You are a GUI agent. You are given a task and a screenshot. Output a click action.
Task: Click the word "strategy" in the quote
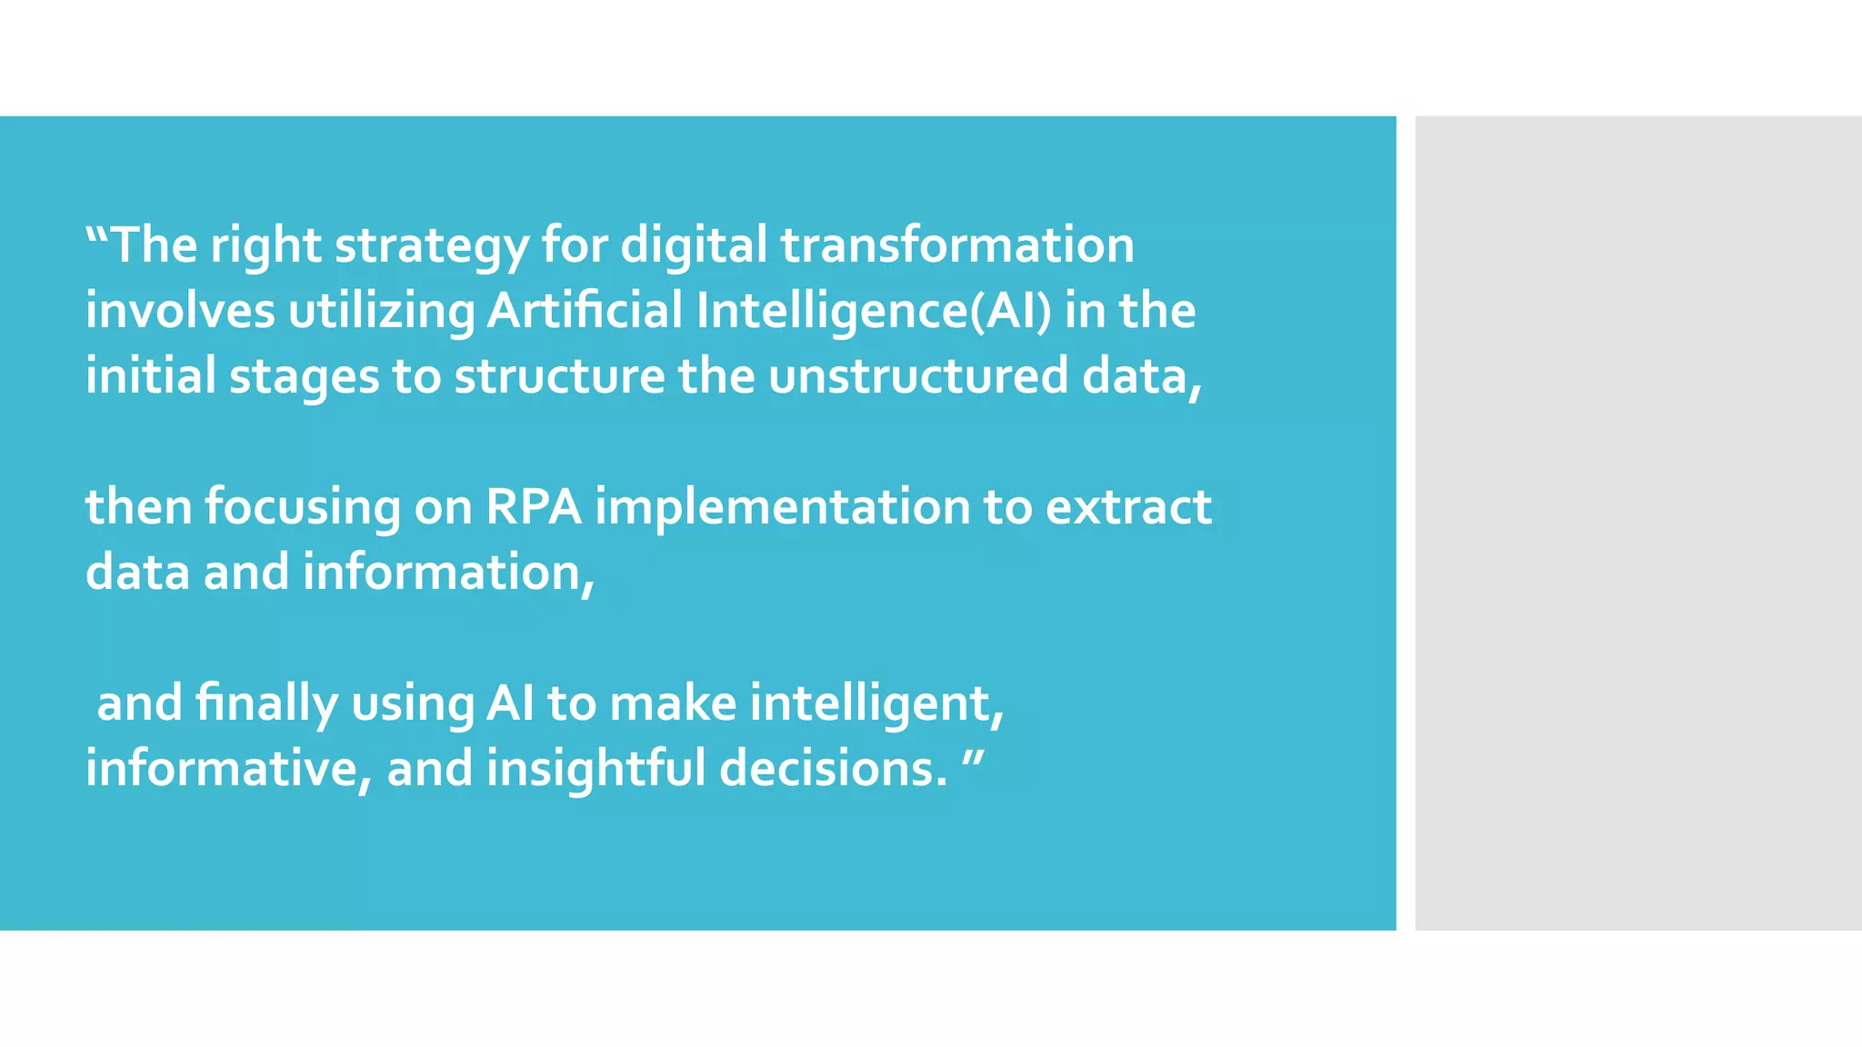coord(431,247)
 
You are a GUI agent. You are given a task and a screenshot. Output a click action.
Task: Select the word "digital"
coord(694,247)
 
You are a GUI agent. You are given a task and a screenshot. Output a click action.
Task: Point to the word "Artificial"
coord(585,311)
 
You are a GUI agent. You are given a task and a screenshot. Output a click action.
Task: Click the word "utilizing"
coord(381,313)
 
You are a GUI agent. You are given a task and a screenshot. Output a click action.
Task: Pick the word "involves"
coord(180,311)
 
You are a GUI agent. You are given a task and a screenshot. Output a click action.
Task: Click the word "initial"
coord(150,376)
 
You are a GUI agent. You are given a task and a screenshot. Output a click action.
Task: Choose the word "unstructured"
coord(918,376)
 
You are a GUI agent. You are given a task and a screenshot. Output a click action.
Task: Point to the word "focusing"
coord(303,509)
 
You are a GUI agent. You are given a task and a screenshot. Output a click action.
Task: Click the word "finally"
coord(266,704)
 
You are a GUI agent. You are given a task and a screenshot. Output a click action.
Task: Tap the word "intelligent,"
coord(877,704)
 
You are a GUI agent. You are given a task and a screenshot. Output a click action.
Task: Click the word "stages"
coord(304,378)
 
